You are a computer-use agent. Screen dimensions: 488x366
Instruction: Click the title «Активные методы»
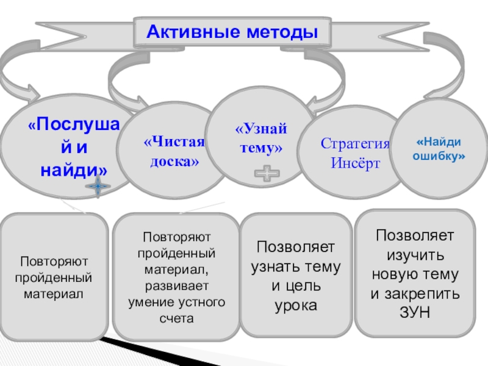click(x=232, y=32)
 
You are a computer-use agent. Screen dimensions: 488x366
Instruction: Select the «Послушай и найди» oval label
click(x=74, y=147)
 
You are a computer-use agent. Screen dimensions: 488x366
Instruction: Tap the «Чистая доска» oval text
click(x=174, y=151)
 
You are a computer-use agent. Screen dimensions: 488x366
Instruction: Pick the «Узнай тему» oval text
click(x=261, y=138)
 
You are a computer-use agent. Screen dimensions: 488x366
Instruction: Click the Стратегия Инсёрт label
click(x=355, y=153)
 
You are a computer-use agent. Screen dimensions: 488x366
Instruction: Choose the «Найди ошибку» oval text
click(x=439, y=149)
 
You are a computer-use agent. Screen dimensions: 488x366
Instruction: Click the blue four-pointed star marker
click(x=98, y=187)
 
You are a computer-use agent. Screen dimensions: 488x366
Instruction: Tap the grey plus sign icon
click(x=267, y=173)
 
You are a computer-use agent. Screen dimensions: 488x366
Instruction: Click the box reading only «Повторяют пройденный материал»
click(x=54, y=277)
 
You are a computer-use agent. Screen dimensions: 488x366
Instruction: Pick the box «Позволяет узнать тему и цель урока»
click(x=296, y=275)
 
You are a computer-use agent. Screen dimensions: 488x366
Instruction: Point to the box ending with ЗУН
click(x=415, y=273)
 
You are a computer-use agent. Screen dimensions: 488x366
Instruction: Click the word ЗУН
click(x=415, y=312)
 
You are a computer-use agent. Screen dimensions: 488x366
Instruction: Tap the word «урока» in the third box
click(x=296, y=306)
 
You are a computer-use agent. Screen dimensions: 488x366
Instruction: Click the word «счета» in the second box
click(x=176, y=318)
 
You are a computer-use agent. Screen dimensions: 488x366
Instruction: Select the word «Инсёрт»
click(x=356, y=163)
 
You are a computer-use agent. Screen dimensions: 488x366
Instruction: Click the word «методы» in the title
click(x=282, y=32)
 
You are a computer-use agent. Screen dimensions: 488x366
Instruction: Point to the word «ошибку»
click(x=439, y=156)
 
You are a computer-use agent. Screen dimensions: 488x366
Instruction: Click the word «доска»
click(x=174, y=161)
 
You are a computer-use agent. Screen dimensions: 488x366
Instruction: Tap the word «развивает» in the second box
click(x=176, y=285)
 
